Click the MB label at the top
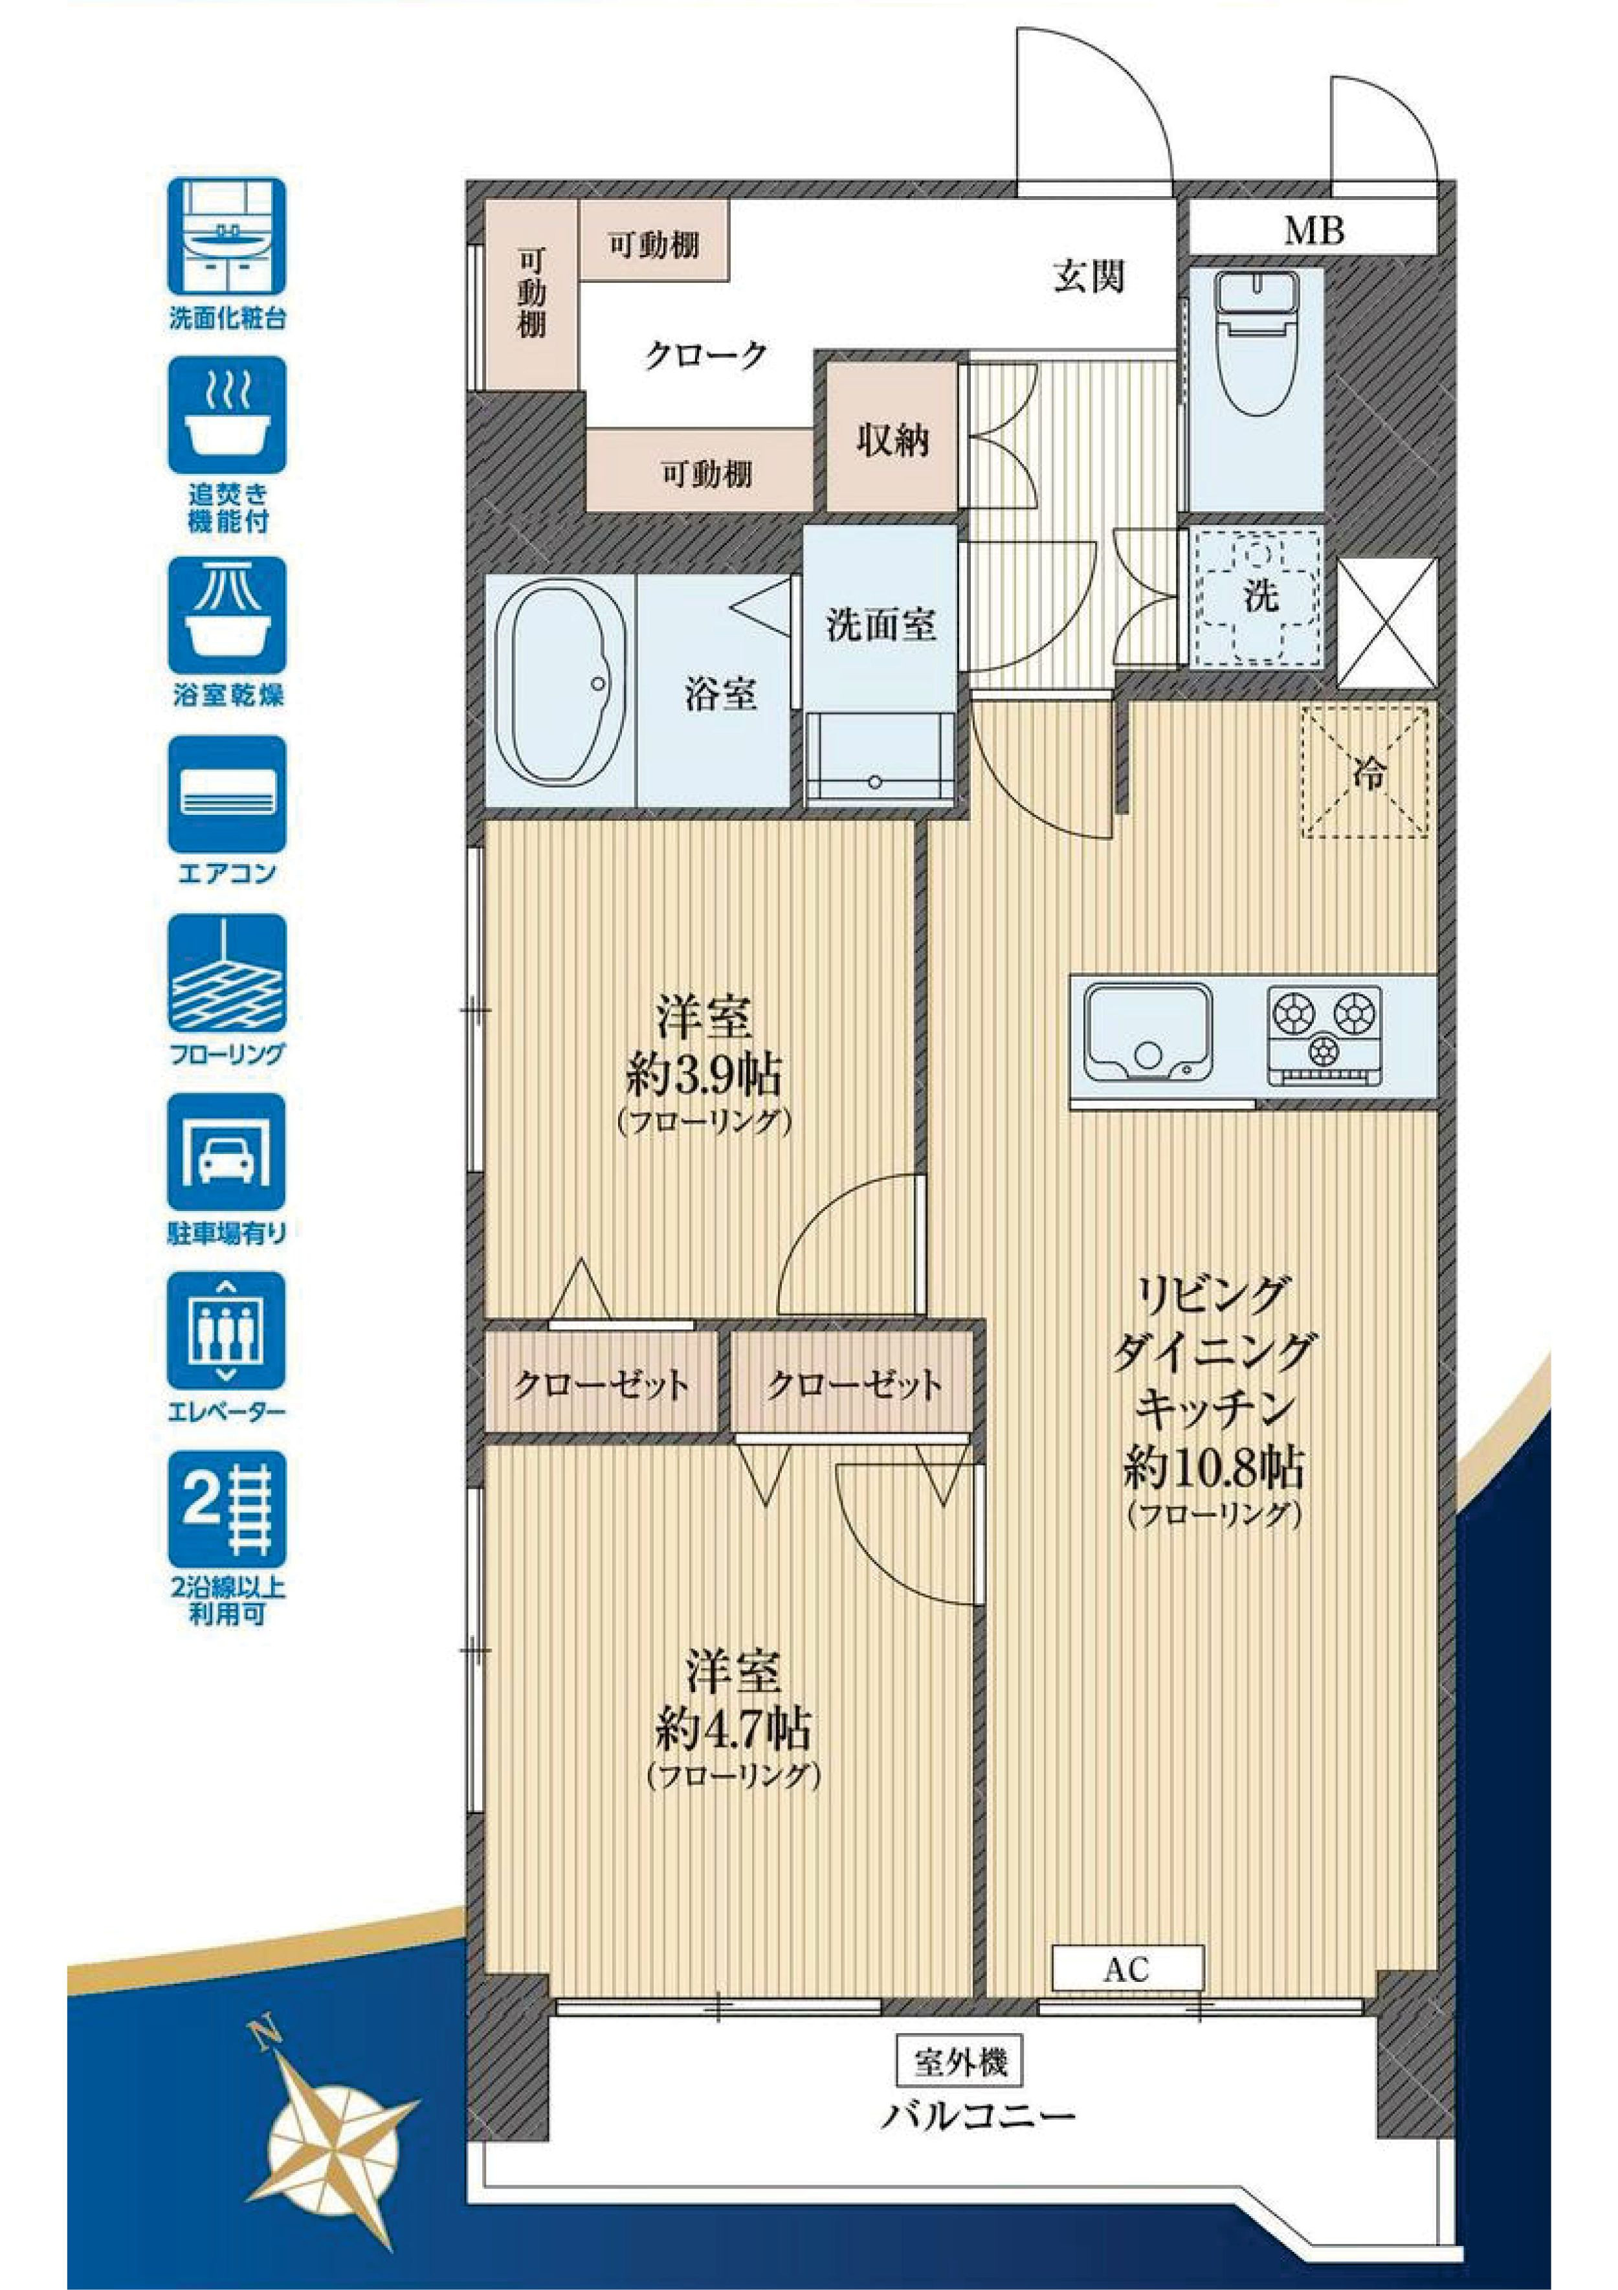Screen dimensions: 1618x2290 pyautogui.click(x=1314, y=231)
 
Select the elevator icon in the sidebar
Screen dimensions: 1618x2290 pyautogui.click(x=227, y=1331)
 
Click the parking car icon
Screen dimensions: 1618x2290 pyautogui.click(x=227, y=1152)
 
